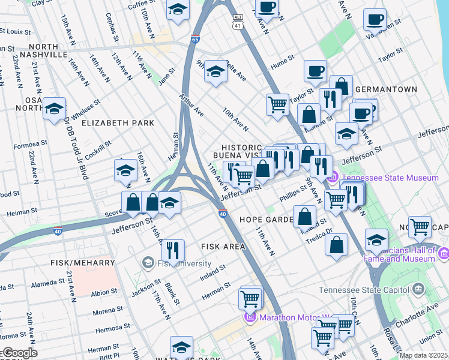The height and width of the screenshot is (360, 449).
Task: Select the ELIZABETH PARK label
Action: click(x=118, y=123)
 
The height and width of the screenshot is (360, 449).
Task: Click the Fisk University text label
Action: click(x=184, y=263)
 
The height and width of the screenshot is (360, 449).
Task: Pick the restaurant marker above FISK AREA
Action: click(x=173, y=250)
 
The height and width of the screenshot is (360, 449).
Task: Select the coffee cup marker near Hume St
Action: click(x=315, y=71)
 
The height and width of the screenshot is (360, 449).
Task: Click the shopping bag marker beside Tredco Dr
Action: click(x=337, y=243)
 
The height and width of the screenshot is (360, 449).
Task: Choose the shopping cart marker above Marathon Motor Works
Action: click(x=250, y=298)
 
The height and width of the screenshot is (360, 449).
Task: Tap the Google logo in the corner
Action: click(x=19, y=353)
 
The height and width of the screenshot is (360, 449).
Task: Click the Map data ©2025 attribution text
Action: click(x=423, y=355)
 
